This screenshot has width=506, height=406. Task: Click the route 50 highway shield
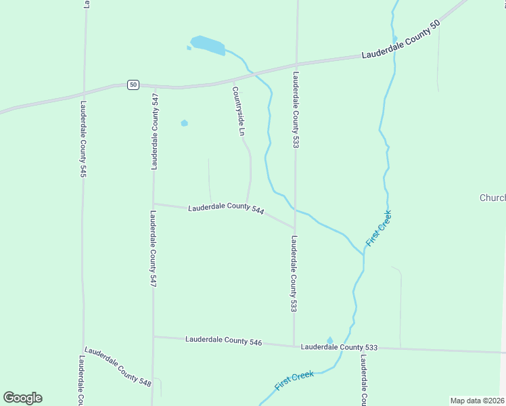tap(133, 85)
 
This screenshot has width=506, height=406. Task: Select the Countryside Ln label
tap(237, 111)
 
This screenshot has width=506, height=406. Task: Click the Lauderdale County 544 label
tap(225, 207)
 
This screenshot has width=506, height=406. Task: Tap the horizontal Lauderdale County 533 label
tap(338, 347)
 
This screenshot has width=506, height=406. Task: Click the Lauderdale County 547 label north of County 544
tap(156, 131)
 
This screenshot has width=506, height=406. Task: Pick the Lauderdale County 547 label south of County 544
tap(153, 248)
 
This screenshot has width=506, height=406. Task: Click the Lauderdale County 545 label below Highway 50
tap(83, 139)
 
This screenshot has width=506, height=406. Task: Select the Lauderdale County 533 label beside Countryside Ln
tap(296, 109)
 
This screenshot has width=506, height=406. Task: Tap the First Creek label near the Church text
tap(379, 229)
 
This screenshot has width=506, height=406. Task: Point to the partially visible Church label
tap(492, 198)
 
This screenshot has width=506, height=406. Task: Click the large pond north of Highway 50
tap(208, 45)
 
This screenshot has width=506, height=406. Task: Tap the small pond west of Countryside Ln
tap(184, 123)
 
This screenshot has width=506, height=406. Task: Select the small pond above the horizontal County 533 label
tap(330, 340)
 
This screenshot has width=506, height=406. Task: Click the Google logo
tap(22, 398)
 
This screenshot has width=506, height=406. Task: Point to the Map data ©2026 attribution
tap(478, 401)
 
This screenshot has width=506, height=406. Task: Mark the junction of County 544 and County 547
tap(154, 203)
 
